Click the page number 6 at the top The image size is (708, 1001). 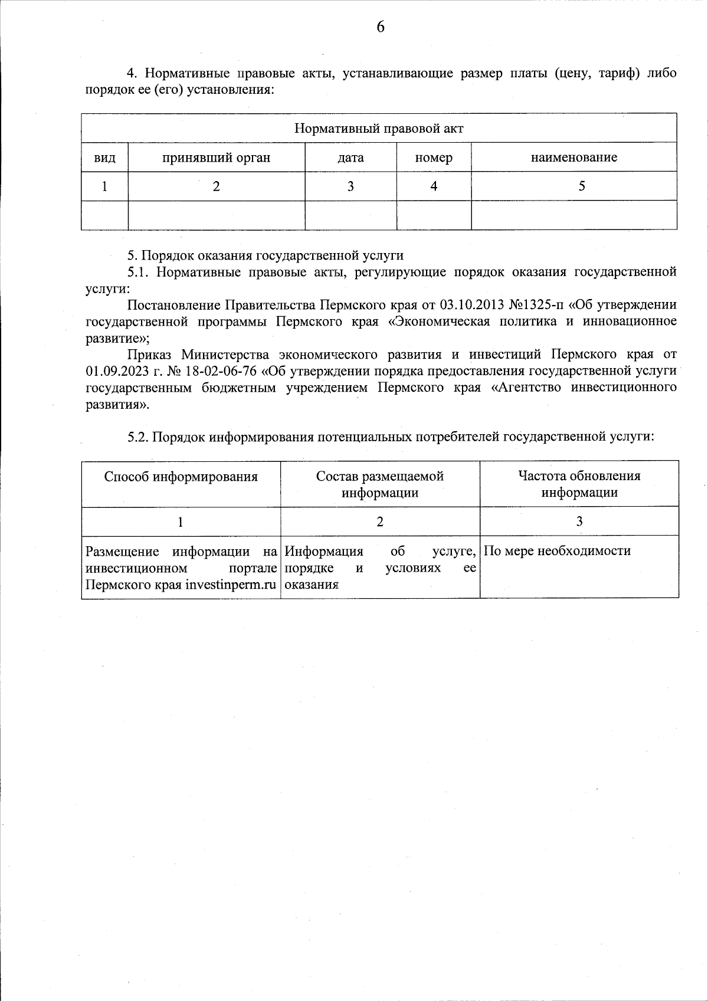380,27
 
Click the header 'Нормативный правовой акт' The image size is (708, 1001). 379,129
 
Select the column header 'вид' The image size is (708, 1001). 104,157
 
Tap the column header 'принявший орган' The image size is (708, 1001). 217,157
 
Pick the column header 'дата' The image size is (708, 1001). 350,157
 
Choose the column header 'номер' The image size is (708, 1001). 434,157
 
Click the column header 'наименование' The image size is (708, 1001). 573,157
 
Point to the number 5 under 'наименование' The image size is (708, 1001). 582,186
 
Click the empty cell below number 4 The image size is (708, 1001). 434,215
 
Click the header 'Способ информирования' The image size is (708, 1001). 181,477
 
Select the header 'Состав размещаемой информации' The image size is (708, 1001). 379,484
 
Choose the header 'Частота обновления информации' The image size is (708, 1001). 579,484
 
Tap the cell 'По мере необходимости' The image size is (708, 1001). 557,551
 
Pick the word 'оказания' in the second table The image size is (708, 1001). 311,585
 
